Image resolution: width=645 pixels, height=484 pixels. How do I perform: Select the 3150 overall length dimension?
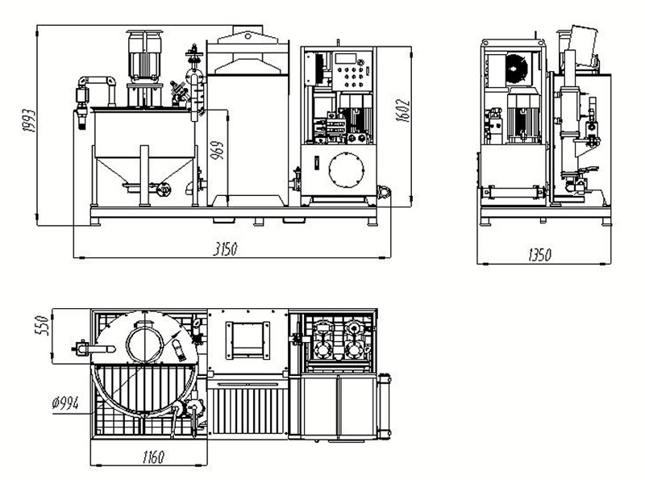227,249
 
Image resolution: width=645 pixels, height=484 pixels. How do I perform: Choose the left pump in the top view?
324,339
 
